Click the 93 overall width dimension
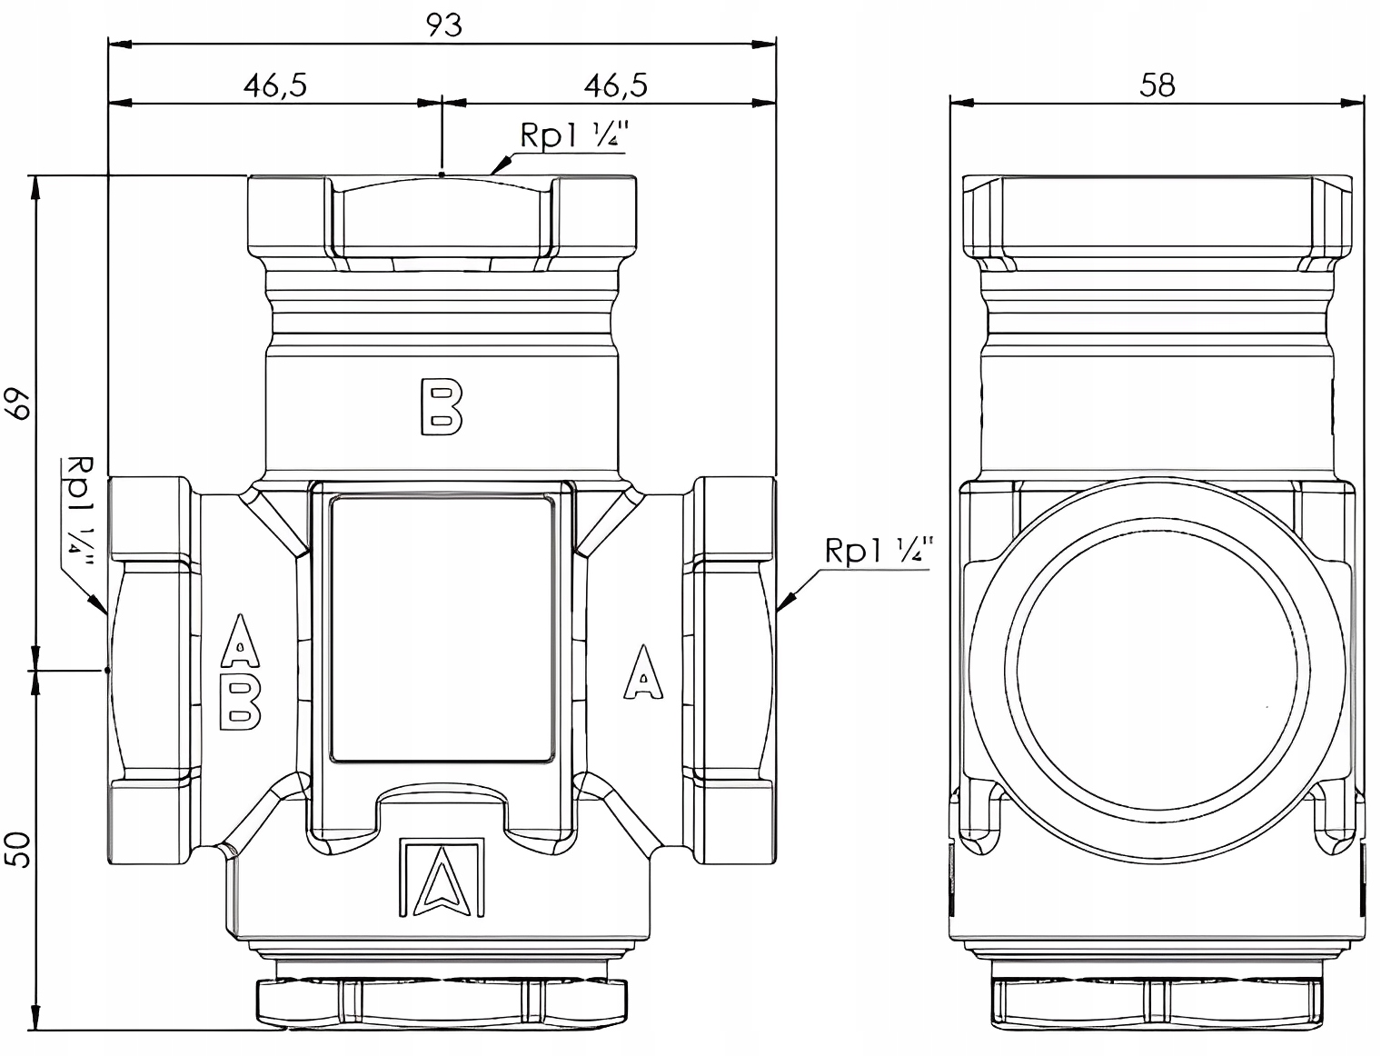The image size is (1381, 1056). tap(444, 25)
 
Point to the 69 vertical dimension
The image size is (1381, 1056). tap(18, 405)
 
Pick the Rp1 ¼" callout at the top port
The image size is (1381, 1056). tap(574, 135)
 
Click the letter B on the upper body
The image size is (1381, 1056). tap(442, 407)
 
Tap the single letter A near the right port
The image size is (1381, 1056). tap(643, 672)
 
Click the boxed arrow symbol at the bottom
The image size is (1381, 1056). tap(442, 877)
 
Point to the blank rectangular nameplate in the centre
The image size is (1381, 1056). tap(442, 628)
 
